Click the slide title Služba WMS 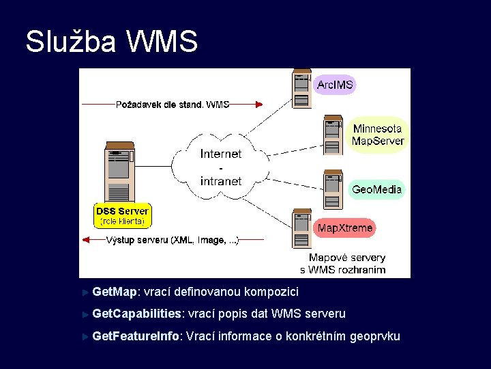click(x=111, y=41)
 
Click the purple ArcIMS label click(x=335, y=85)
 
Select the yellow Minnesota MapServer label click(x=378, y=135)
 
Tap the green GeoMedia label click(x=376, y=189)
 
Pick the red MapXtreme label click(x=345, y=228)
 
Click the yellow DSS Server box click(x=123, y=216)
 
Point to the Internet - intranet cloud click(x=220, y=167)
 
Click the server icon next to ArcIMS click(x=301, y=89)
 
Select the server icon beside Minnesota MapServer click(x=333, y=136)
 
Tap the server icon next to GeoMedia click(x=333, y=190)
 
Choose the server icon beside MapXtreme click(x=302, y=229)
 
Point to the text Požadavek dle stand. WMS click(x=173, y=105)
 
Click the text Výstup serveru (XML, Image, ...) click(x=173, y=240)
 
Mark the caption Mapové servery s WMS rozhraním click(x=347, y=264)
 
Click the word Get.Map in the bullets click(x=115, y=292)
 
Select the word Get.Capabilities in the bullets click(x=137, y=314)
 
